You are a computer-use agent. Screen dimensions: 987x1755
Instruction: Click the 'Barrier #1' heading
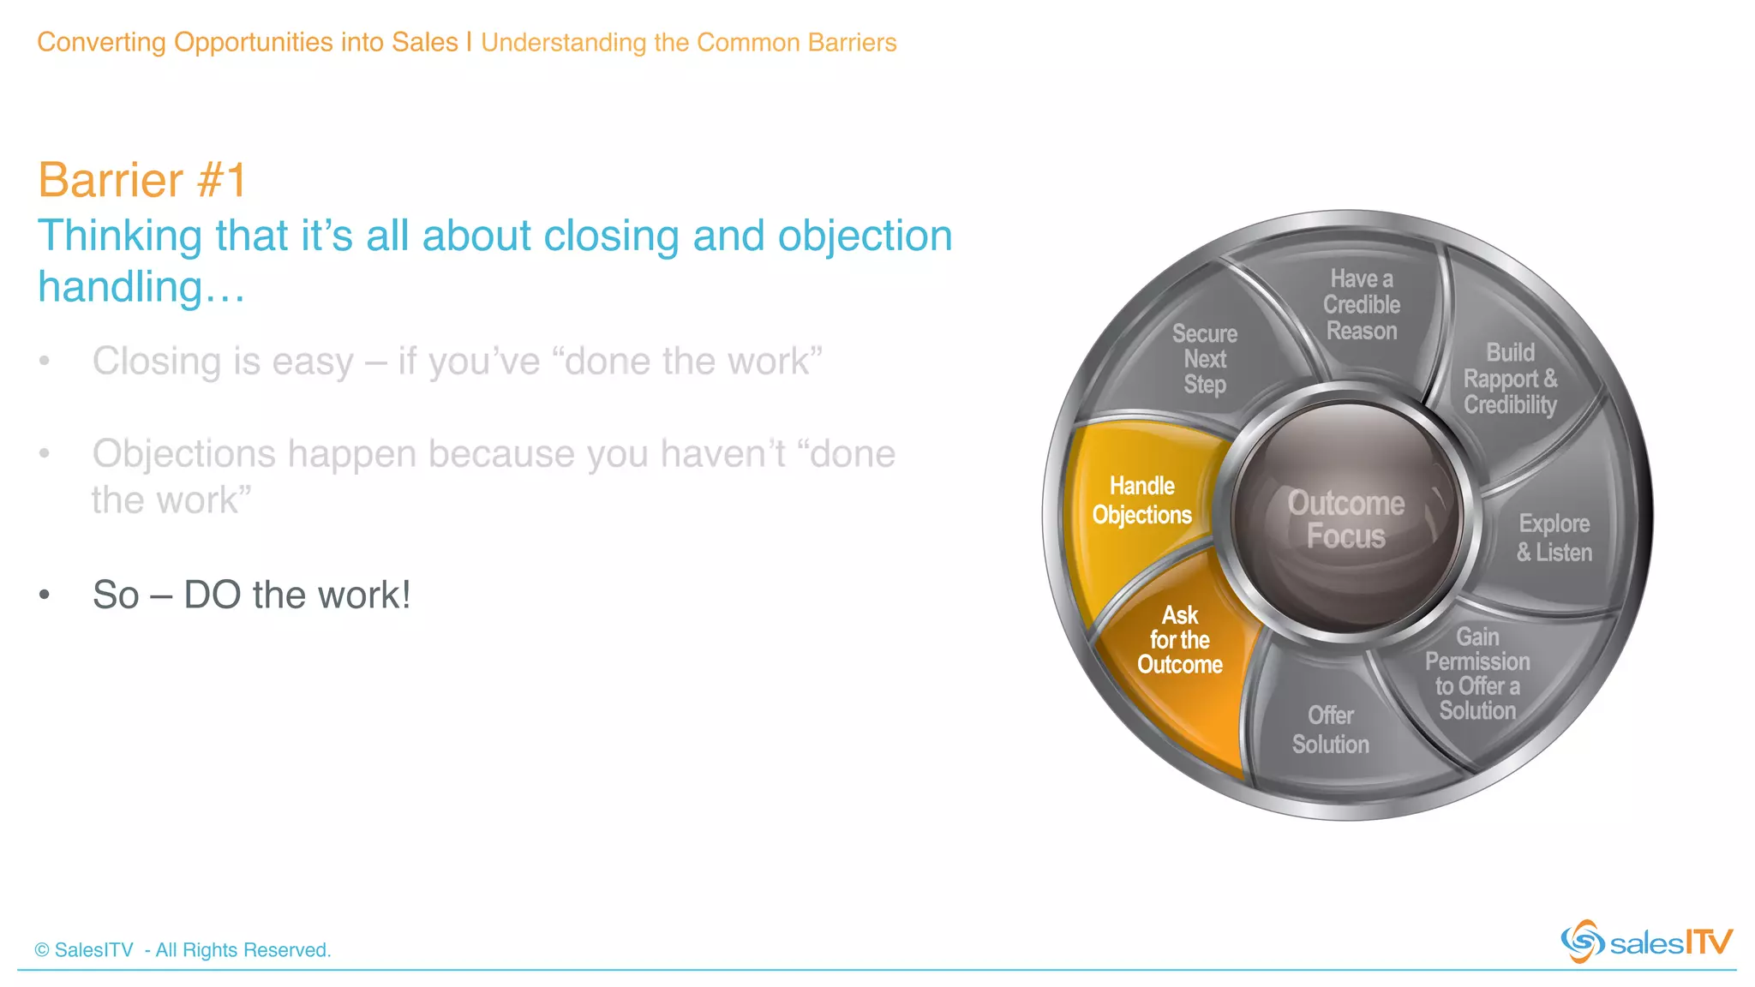[x=142, y=181]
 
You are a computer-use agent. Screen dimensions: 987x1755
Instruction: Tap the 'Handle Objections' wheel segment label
[x=1141, y=500]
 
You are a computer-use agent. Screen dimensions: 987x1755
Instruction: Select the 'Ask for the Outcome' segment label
[x=1179, y=640]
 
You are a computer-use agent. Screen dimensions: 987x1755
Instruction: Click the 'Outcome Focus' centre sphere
[x=1346, y=519]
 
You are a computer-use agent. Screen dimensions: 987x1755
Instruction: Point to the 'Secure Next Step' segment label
[x=1205, y=359]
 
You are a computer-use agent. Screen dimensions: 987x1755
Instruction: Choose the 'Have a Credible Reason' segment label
[x=1361, y=305]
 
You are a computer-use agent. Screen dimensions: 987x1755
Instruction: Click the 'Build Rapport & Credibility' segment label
[x=1510, y=379]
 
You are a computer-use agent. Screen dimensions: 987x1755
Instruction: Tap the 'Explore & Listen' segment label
[x=1554, y=538]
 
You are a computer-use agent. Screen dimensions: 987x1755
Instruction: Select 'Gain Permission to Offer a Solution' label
[x=1477, y=673]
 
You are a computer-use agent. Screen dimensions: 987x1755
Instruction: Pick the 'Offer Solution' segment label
[x=1330, y=730]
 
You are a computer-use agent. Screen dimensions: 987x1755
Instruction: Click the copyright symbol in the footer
[x=42, y=950]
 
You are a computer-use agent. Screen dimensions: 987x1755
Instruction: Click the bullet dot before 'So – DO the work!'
[x=45, y=595]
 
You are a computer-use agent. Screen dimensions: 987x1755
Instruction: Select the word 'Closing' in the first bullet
[x=157, y=362]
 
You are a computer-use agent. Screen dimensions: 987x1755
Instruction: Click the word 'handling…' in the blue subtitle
[x=141, y=287]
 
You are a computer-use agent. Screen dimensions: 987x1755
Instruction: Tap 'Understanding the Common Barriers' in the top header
[x=688, y=42]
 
